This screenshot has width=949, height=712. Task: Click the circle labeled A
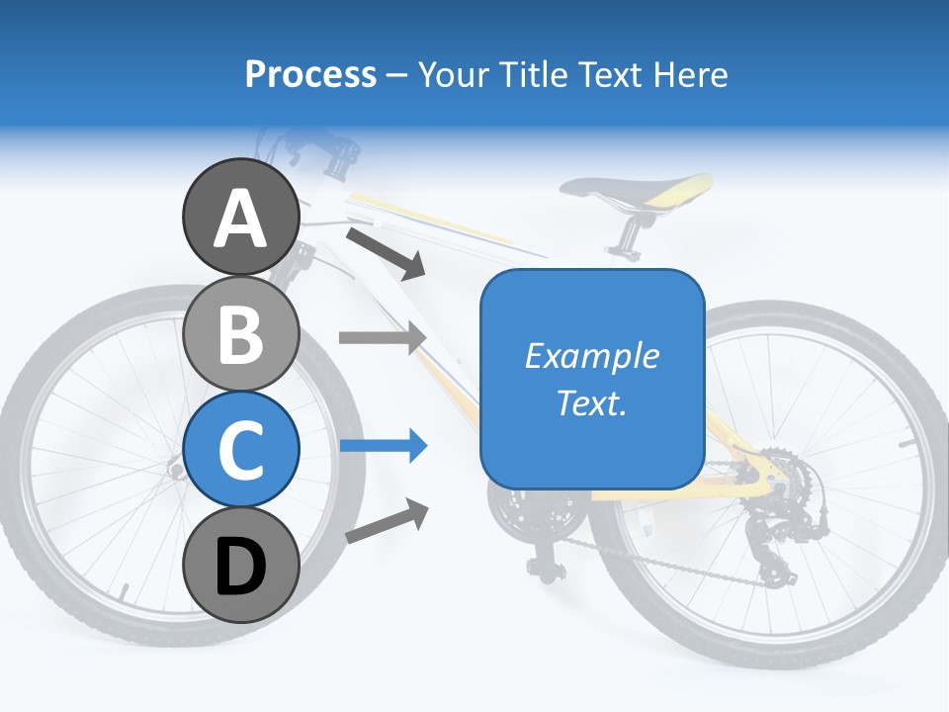(240, 218)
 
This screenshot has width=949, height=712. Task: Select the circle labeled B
(240, 334)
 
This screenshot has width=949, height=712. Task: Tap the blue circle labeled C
(240, 450)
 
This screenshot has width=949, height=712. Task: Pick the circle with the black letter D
(240, 567)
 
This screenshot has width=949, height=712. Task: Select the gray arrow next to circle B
(382, 336)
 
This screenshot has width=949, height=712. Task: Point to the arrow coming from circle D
(387, 522)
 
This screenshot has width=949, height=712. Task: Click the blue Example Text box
(592, 379)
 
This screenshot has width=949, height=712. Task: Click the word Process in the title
(310, 74)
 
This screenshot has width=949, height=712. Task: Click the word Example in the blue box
(592, 356)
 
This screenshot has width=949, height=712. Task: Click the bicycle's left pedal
(543, 567)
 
